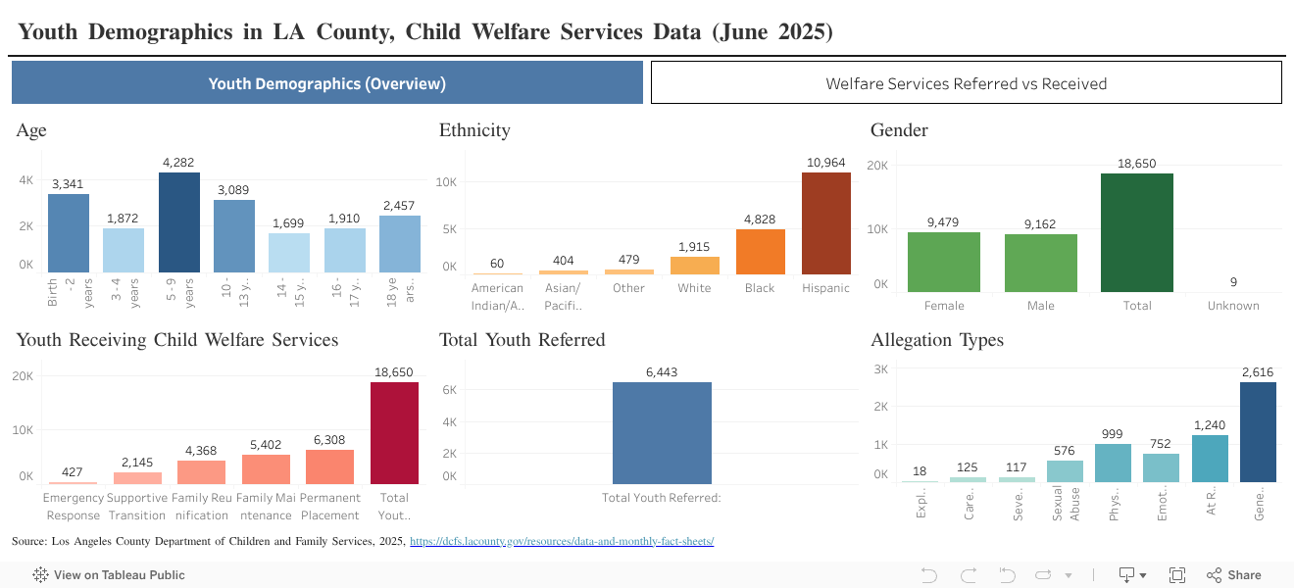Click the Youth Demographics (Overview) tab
pos(326,83)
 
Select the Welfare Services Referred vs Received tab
pos(966,83)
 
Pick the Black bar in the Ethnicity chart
pos(760,252)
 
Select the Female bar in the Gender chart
pos(943,262)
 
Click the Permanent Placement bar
pos(329,466)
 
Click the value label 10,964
pos(825,162)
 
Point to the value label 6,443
pos(662,371)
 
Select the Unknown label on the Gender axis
pos(1233,306)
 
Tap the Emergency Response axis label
pos(73,507)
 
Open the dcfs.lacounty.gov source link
pos(561,541)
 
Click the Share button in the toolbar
pos(1234,575)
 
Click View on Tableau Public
pos(109,575)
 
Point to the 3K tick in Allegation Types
pos(880,369)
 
